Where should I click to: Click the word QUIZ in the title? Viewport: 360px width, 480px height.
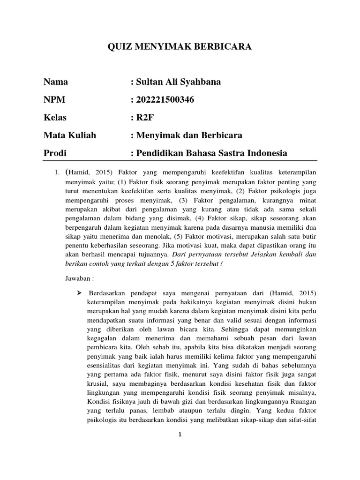click(x=120, y=46)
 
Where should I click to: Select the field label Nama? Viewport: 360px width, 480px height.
click(x=56, y=82)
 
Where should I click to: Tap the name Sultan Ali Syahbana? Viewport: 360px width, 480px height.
click(x=178, y=82)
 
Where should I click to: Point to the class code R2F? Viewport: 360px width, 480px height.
click(x=144, y=118)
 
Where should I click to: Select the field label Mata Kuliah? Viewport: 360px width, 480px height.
click(x=70, y=135)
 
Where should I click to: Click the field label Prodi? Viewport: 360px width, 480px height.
click(x=55, y=153)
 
